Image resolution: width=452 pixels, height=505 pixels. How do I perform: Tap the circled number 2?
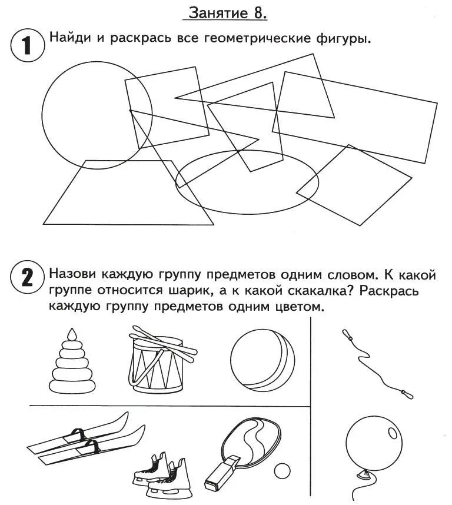(28, 277)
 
